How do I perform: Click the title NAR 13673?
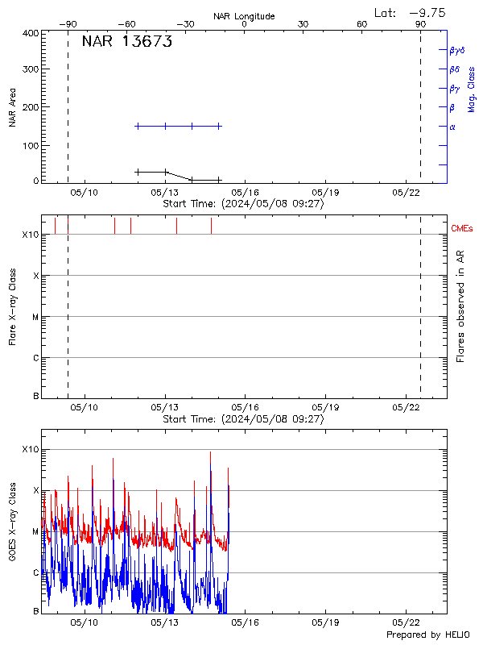click(127, 43)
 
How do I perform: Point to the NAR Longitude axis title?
click(244, 16)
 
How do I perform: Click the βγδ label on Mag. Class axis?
click(457, 50)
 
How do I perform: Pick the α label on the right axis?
click(452, 127)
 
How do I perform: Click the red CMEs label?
click(463, 229)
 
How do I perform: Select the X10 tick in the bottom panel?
click(30, 449)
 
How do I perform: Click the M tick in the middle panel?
click(35, 317)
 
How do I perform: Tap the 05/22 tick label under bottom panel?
click(407, 622)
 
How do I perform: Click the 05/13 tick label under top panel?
click(165, 193)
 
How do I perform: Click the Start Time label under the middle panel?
click(243, 419)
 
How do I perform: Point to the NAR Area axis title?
click(12, 108)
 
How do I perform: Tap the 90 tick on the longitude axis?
click(420, 24)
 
